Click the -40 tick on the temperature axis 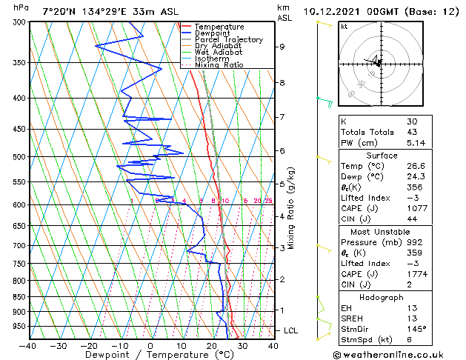28,345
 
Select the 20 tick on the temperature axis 211,345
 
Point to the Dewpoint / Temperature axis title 150,355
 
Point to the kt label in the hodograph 344,26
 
